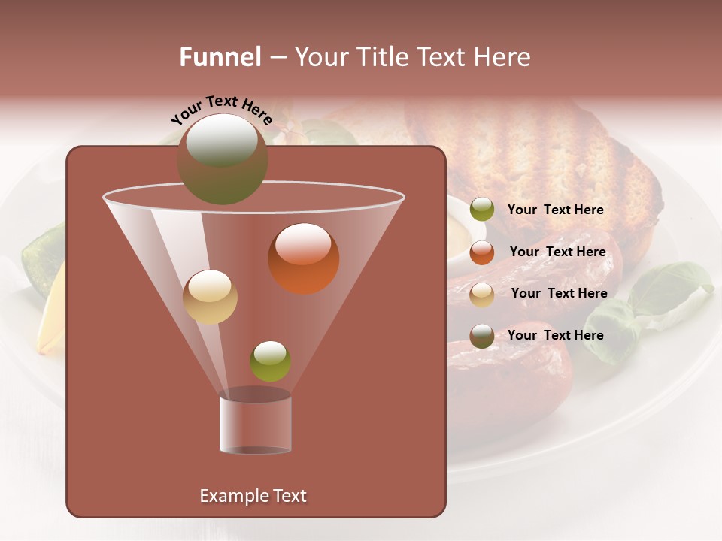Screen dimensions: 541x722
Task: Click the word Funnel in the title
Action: coord(220,57)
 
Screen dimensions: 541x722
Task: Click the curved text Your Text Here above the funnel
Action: coord(221,110)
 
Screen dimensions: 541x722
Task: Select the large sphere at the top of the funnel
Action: coord(223,159)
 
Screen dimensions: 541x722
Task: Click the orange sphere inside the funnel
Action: coord(303,258)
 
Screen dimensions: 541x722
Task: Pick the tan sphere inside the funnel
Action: coord(210,297)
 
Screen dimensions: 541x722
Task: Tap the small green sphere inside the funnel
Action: coord(270,361)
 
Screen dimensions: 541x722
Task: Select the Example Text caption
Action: coord(253,496)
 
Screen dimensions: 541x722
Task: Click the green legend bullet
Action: coord(482,210)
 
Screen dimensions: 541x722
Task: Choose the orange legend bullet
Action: coord(482,252)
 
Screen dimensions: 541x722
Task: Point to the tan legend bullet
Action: coord(482,294)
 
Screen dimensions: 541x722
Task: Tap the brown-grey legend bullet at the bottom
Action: coord(482,336)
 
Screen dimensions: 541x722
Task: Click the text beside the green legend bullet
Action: coord(555,210)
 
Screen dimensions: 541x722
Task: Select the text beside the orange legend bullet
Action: coord(557,252)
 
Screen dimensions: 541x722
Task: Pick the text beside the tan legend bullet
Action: coord(559,294)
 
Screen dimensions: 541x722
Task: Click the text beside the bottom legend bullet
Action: coord(555,336)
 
